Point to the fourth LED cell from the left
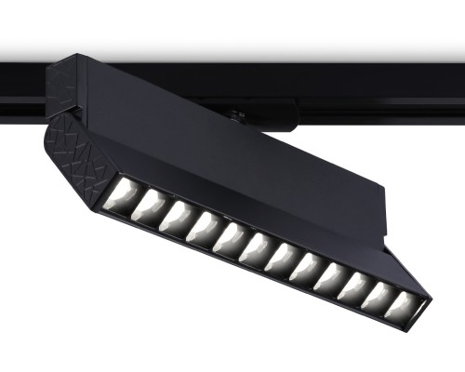[203, 226]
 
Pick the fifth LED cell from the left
[229, 237]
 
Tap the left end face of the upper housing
[67, 88]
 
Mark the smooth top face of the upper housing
[186, 93]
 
